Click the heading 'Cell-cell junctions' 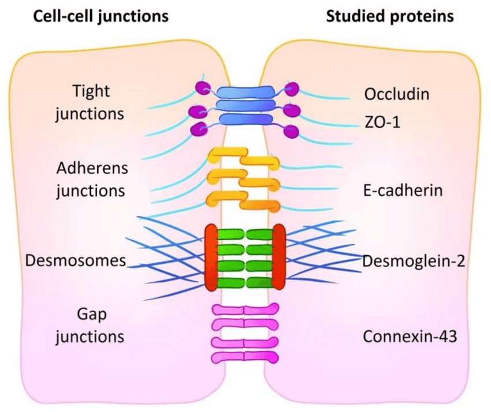click(101, 17)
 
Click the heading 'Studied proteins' click(390, 16)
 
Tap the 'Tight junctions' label click(90, 102)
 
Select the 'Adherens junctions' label click(91, 180)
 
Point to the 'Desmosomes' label click(76, 260)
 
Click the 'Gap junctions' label click(90, 325)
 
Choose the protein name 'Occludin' click(396, 94)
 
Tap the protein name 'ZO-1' click(382, 122)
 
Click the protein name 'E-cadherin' click(403, 190)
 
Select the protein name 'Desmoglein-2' click(414, 261)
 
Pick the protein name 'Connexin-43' click(410, 336)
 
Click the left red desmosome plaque click(211, 257)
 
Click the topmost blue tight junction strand click(245, 92)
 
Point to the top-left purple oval click(203, 88)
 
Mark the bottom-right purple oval click(291, 131)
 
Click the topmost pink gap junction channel click(245, 310)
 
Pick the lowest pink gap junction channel click(245, 358)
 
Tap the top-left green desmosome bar click(230, 234)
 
